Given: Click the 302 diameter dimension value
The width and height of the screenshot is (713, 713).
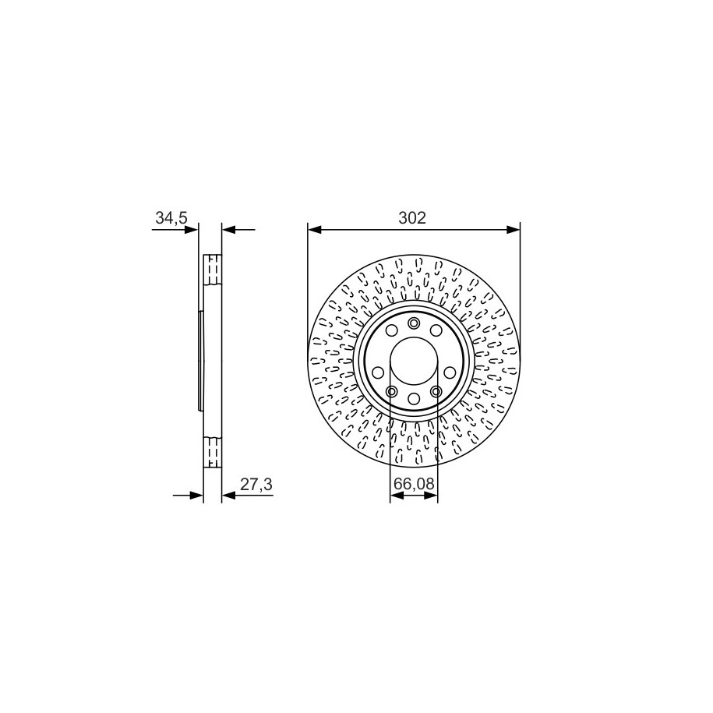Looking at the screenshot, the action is point(412,218).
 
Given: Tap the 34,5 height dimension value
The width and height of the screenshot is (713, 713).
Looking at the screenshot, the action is point(171,218).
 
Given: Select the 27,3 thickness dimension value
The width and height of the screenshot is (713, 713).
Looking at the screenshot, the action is point(256,485).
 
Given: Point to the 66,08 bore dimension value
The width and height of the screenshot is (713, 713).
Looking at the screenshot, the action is point(414,484).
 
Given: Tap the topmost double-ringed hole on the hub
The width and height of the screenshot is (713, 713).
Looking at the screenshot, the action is point(414,323).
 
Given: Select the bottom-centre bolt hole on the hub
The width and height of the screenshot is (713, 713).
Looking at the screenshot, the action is point(414,399).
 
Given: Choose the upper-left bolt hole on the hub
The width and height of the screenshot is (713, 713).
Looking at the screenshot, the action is point(391,330).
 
